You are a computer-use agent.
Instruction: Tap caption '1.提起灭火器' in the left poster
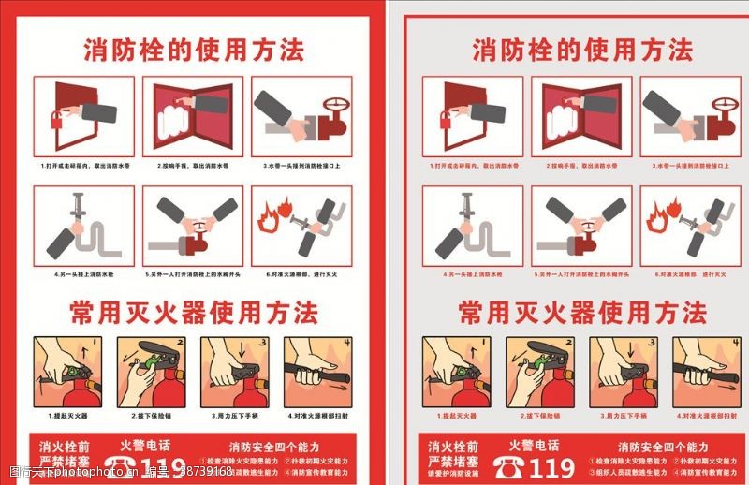pyautogui.click(x=66, y=415)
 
